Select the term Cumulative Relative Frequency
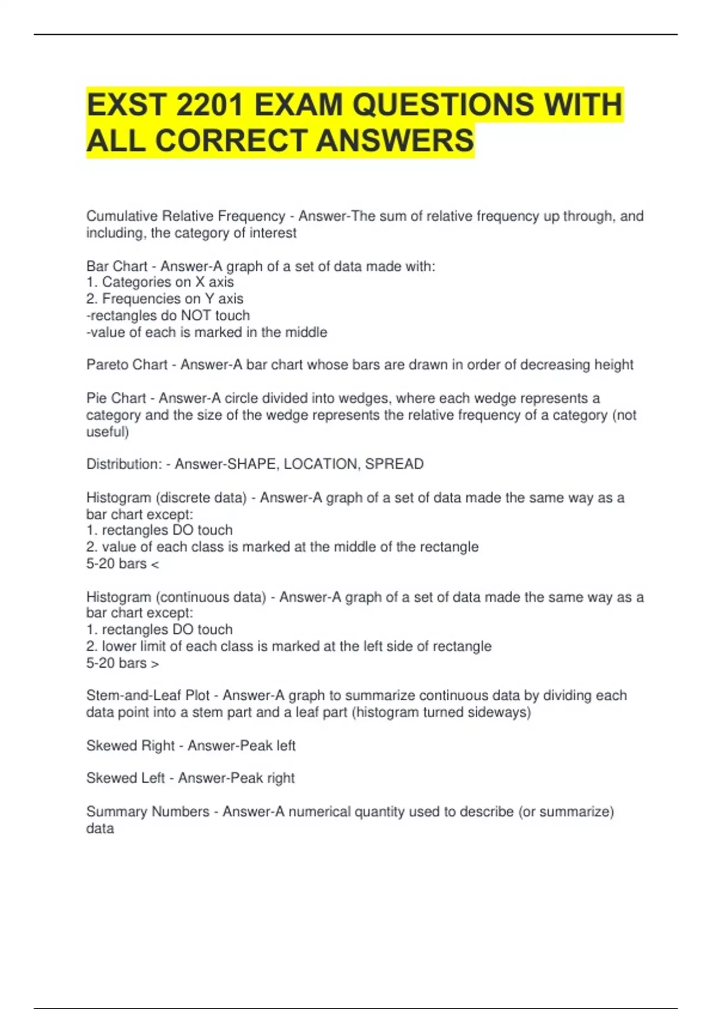[x=186, y=216]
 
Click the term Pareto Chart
[x=127, y=364]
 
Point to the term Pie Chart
[x=116, y=398]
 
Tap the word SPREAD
[x=394, y=464]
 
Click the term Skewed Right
[x=131, y=745]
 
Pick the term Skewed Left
[x=126, y=778]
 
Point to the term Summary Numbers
[x=148, y=811]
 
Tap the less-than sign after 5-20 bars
[x=155, y=564]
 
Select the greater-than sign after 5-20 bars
[x=155, y=664]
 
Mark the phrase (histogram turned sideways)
[x=441, y=712]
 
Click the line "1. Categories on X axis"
[x=160, y=282]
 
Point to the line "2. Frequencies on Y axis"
[x=165, y=299]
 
